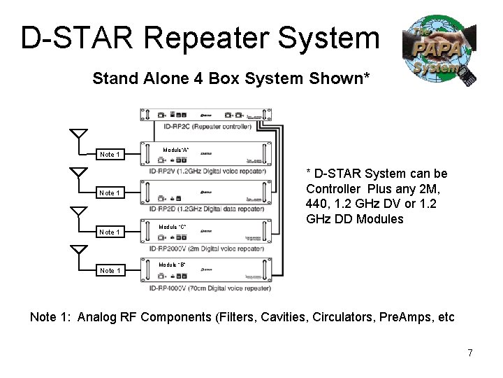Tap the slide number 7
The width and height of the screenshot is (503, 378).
(x=470, y=353)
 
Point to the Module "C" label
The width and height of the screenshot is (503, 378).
(x=173, y=227)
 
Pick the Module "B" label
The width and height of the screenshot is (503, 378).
(x=173, y=265)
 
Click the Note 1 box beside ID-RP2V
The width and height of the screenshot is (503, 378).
(x=110, y=154)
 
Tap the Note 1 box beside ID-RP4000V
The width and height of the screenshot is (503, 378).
(x=110, y=270)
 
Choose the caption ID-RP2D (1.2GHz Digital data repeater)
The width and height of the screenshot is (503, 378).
(x=207, y=209)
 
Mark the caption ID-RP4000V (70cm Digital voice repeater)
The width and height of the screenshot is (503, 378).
(x=209, y=287)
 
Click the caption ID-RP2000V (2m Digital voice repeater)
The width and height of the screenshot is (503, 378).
(x=207, y=248)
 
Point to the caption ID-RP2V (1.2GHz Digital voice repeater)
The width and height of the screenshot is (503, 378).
(x=207, y=171)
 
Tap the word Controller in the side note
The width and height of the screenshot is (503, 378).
(x=334, y=188)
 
